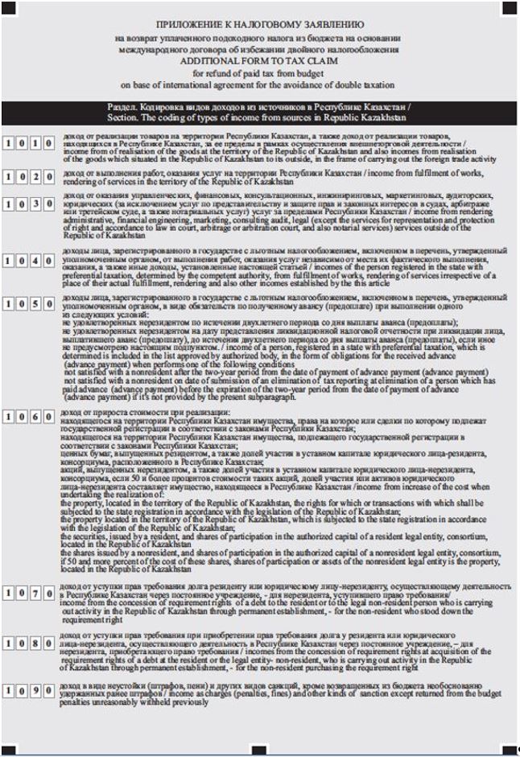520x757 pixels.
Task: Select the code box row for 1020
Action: (x=29, y=177)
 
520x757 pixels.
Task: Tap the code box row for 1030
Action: (x=29, y=204)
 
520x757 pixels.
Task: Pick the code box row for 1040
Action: (x=29, y=261)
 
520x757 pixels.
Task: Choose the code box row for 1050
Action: (x=29, y=306)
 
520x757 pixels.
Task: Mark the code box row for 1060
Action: (x=29, y=417)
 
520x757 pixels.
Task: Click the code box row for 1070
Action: (x=29, y=594)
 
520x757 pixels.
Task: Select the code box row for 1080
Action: (x=29, y=644)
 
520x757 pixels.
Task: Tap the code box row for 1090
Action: (x=29, y=691)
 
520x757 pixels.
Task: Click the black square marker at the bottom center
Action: (x=259, y=751)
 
